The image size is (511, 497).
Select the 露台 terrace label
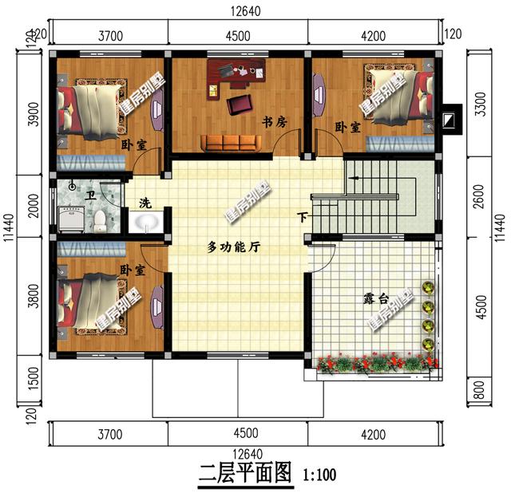[x=375, y=299]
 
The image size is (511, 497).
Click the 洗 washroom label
[x=145, y=203]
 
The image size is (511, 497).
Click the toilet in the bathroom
[x=100, y=218]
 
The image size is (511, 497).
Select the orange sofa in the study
[x=231, y=142]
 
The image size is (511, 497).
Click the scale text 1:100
[x=319, y=476]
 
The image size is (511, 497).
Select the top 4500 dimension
[x=238, y=36]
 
